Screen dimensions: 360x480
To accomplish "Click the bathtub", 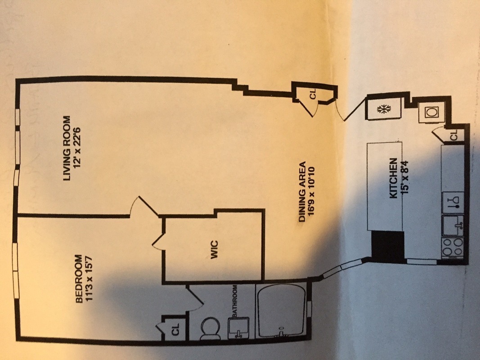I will (282, 310).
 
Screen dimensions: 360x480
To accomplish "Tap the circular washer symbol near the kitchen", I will (432, 112).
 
